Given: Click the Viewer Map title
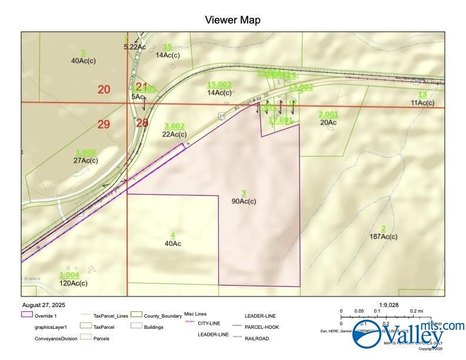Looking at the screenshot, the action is [x=232, y=19].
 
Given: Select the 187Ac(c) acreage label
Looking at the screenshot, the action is [x=383, y=236].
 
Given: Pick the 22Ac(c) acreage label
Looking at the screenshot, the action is [x=174, y=133].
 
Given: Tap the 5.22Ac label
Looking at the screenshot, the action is [x=135, y=47].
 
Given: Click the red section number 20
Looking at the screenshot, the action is [x=105, y=89].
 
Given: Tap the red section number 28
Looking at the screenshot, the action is [x=141, y=121].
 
